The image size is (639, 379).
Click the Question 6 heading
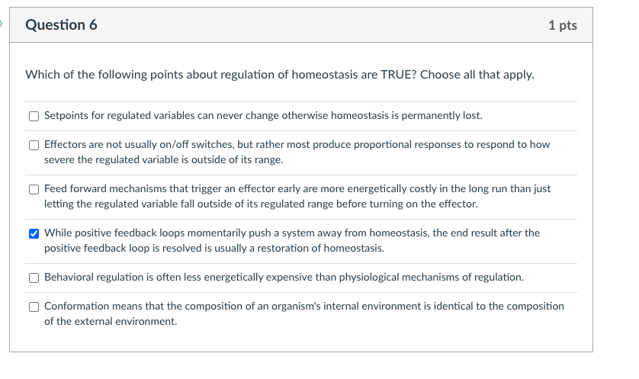61,25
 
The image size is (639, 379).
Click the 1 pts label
562,26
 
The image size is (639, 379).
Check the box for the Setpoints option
34,117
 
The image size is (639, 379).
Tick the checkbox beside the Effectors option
34,145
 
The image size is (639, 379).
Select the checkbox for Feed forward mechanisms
34,189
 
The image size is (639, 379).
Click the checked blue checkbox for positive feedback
34,233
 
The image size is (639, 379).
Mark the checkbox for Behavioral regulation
34,278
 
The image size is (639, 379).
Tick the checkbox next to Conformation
34,307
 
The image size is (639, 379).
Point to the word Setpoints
67,116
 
